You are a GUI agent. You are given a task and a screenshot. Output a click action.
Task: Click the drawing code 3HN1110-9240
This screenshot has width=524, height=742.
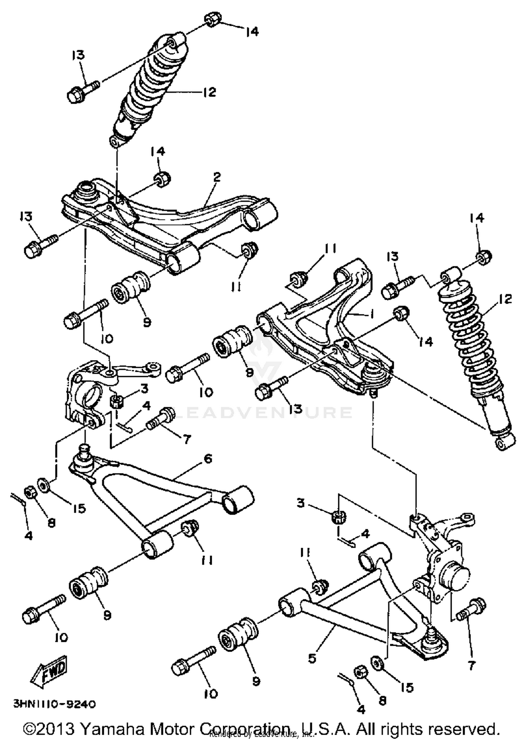pyautogui.click(x=54, y=704)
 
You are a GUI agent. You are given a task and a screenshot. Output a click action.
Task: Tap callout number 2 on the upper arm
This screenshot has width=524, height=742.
pyautogui.click(x=217, y=177)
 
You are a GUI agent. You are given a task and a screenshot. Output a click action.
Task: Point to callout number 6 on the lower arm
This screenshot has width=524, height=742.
pyautogui.click(x=208, y=458)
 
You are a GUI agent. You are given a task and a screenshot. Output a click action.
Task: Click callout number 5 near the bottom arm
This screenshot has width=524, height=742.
pyautogui.click(x=312, y=658)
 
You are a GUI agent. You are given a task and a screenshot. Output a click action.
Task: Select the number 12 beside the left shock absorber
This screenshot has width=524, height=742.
pyautogui.click(x=209, y=92)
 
